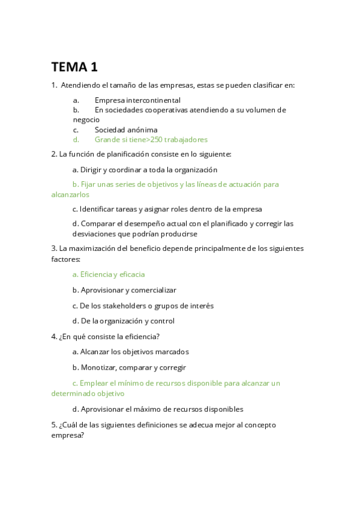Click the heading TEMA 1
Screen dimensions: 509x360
[74, 66]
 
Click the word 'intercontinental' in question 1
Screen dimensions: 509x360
[152, 100]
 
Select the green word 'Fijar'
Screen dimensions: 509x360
[89, 184]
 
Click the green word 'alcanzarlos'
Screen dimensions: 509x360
[70, 194]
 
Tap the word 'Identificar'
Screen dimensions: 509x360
[99, 209]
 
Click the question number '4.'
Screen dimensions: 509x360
[55, 336]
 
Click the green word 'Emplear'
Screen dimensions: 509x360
[94, 383]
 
